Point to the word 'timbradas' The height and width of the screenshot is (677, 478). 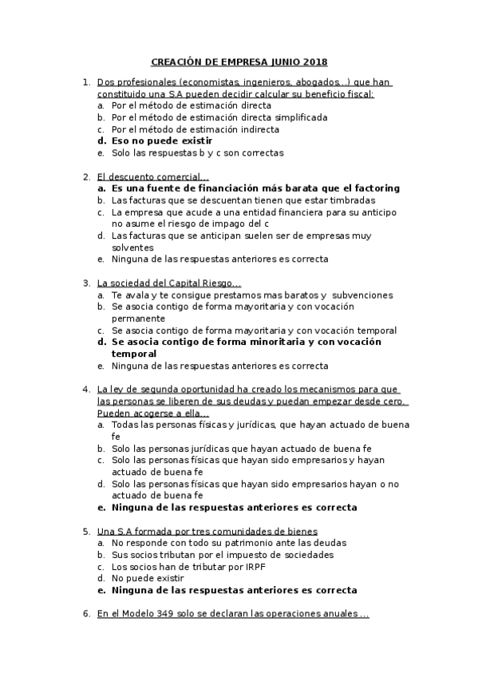(x=353, y=200)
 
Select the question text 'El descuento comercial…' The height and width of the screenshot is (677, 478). (x=152, y=176)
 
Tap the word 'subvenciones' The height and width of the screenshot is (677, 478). (x=355, y=295)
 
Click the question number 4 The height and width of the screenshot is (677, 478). (x=86, y=390)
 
